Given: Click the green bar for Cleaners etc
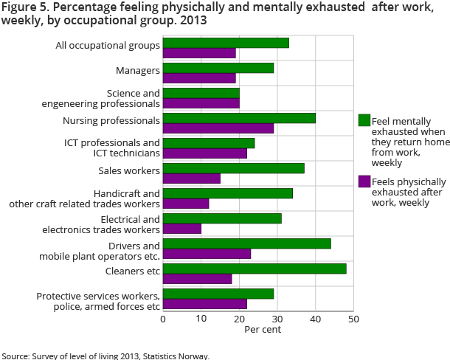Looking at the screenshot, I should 255,269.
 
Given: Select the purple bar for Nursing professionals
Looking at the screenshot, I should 218,128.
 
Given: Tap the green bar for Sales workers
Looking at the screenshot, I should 233,168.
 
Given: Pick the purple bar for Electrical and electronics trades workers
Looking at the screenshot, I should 181,229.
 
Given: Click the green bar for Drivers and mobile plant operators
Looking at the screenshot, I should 246,243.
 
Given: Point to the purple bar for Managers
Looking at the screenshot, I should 199,78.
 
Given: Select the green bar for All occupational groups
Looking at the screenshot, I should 226,43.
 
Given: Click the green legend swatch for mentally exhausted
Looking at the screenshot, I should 364,121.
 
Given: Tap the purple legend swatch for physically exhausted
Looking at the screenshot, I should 364,181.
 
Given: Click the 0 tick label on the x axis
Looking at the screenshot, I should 163,319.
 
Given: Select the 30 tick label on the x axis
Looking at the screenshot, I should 277,319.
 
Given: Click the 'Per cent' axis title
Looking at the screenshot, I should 263,329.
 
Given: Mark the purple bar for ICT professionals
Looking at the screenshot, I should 205,153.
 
